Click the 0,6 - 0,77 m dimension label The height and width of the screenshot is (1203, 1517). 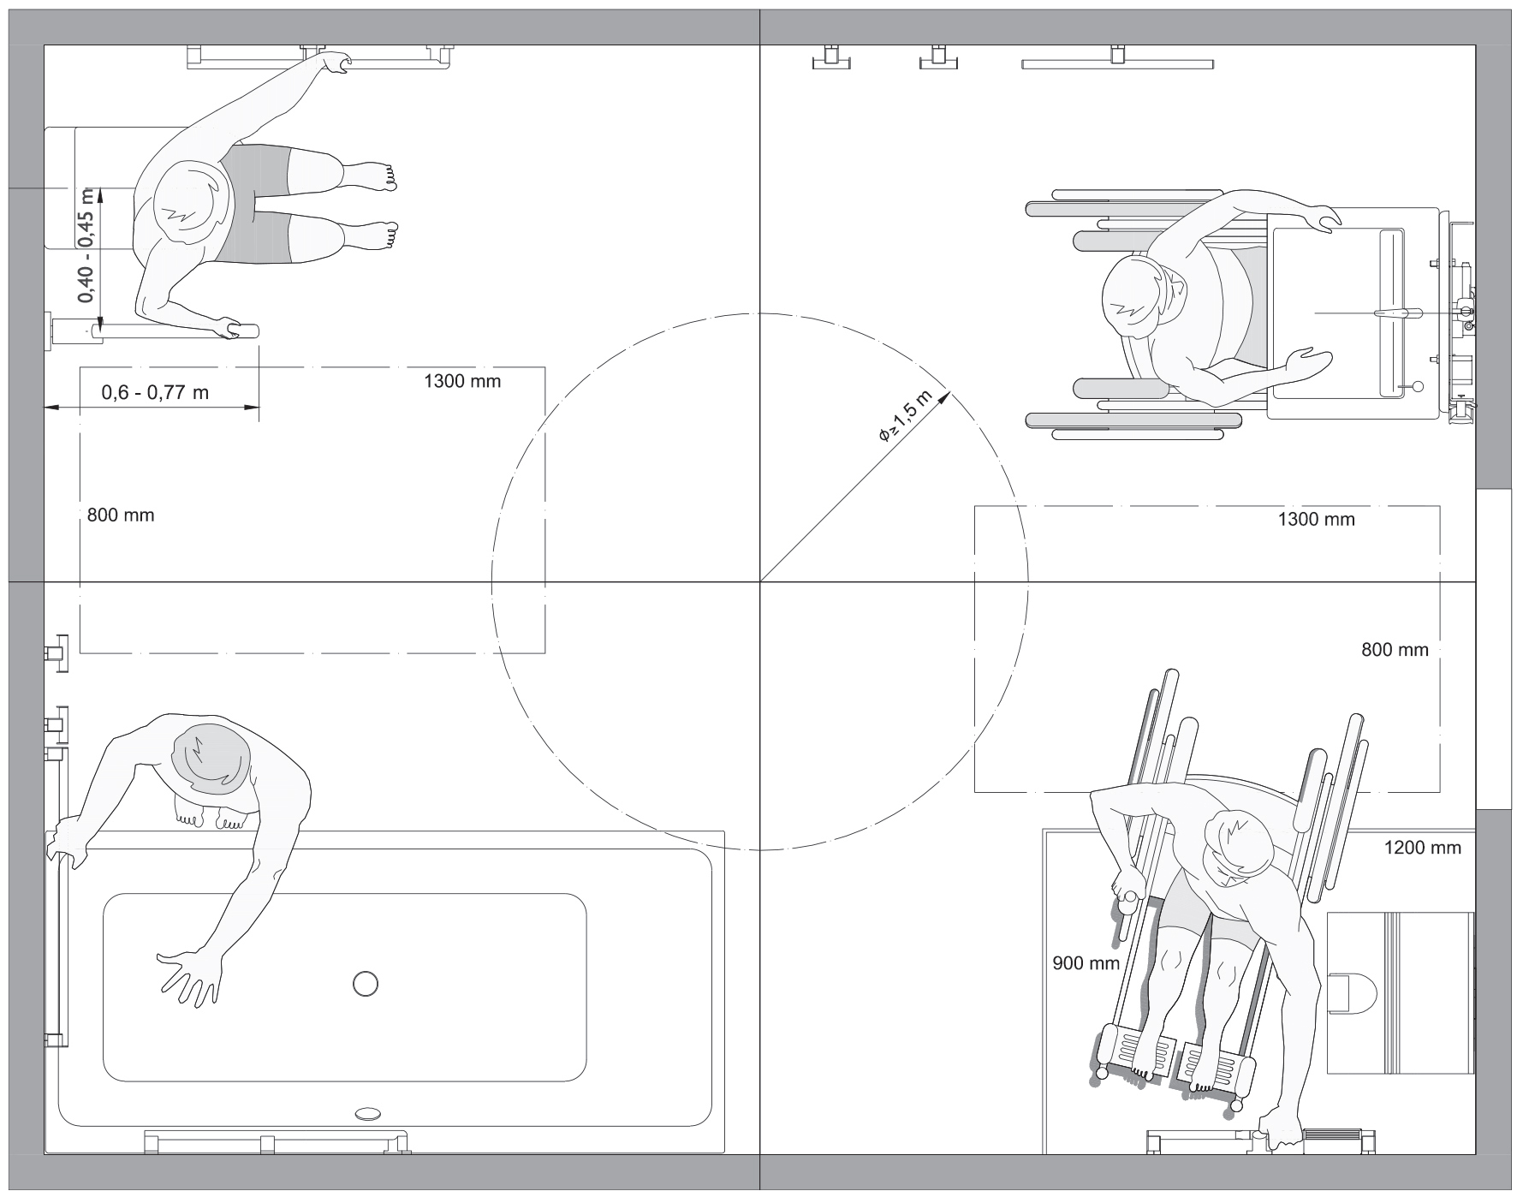click(155, 393)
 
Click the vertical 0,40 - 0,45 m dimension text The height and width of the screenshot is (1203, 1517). click(86, 256)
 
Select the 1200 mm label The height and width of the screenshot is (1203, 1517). click(1422, 848)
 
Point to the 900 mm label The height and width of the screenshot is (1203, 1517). click(1086, 963)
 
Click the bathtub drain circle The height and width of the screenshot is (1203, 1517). click(366, 984)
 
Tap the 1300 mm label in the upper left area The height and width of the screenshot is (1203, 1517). click(462, 381)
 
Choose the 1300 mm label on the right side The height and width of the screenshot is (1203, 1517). click(1316, 519)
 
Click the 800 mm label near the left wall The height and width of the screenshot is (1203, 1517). click(121, 515)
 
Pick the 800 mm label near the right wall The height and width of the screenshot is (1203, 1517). click(1395, 650)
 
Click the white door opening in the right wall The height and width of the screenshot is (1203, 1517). click(1494, 648)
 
